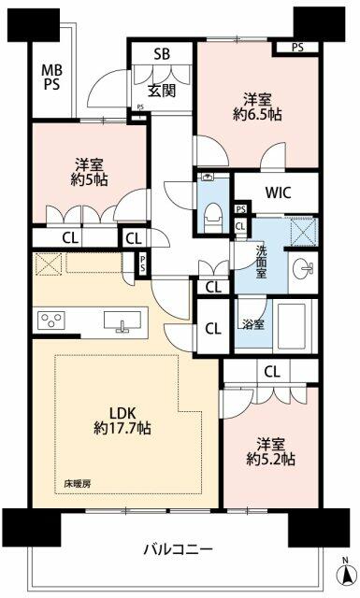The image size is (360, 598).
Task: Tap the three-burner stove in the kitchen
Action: coord(50,320)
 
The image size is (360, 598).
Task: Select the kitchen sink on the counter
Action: coord(122,321)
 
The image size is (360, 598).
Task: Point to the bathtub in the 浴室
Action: coord(292,326)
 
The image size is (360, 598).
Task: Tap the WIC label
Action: coord(279,192)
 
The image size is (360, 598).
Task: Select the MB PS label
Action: coord(51,77)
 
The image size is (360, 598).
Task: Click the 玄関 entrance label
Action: coord(162,91)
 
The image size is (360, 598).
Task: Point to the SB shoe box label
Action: coord(162,54)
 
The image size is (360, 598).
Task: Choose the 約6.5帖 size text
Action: coord(257,114)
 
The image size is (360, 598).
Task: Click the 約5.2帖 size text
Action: coord(270,459)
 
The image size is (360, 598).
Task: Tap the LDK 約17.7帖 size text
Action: coord(122,428)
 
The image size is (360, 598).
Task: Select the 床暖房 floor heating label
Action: coord(78,484)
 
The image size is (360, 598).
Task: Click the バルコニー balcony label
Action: coord(178,549)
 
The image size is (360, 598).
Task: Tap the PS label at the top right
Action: coord(297,48)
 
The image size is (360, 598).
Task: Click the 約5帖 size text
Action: coord(89,179)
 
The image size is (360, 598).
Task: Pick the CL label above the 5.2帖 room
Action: coord(271,371)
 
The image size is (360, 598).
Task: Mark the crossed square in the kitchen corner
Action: coord(49,263)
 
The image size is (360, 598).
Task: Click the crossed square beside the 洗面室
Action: coord(302,232)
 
